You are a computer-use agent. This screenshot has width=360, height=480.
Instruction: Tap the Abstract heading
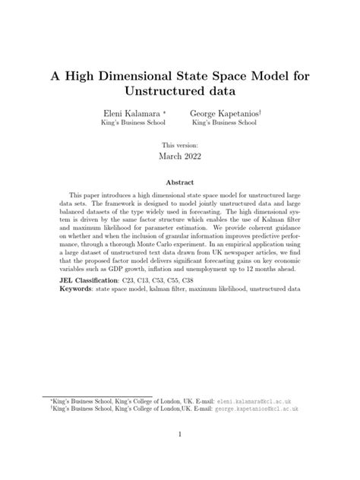click(x=180, y=183)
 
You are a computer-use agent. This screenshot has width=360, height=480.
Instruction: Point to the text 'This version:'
click(x=180, y=143)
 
